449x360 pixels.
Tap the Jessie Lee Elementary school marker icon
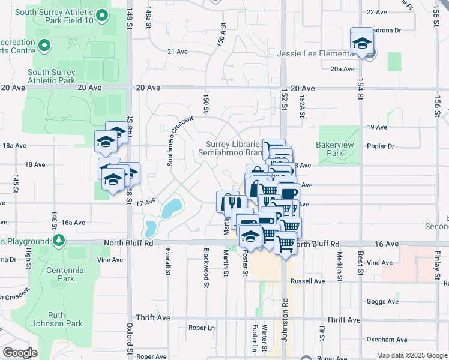tap(362, 43)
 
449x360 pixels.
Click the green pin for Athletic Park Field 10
tap(101, 15)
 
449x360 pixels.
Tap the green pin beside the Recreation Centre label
tap(43, 45)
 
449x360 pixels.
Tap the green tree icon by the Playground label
tap(58, 241)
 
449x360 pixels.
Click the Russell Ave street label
tap(307, 281)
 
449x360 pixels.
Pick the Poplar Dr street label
tap(381, 146)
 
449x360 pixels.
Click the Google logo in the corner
tap(20, 353)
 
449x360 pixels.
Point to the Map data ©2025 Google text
tap(411, 355)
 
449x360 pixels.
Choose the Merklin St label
tap(339, 261)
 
